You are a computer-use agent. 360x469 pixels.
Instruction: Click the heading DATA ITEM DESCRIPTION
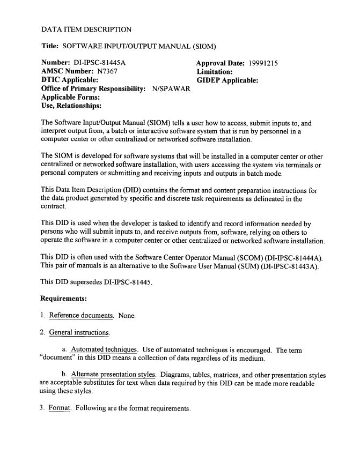[x=86, y=28]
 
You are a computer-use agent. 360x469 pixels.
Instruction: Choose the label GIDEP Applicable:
[x=227, y=80]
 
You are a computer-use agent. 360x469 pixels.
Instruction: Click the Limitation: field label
[x=214, y=71]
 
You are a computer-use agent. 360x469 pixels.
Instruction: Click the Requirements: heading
[x=64, y=297]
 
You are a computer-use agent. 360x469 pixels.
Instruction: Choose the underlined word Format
[x=60, y=408]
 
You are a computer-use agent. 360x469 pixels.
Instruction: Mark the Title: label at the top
[x=50, y=46]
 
